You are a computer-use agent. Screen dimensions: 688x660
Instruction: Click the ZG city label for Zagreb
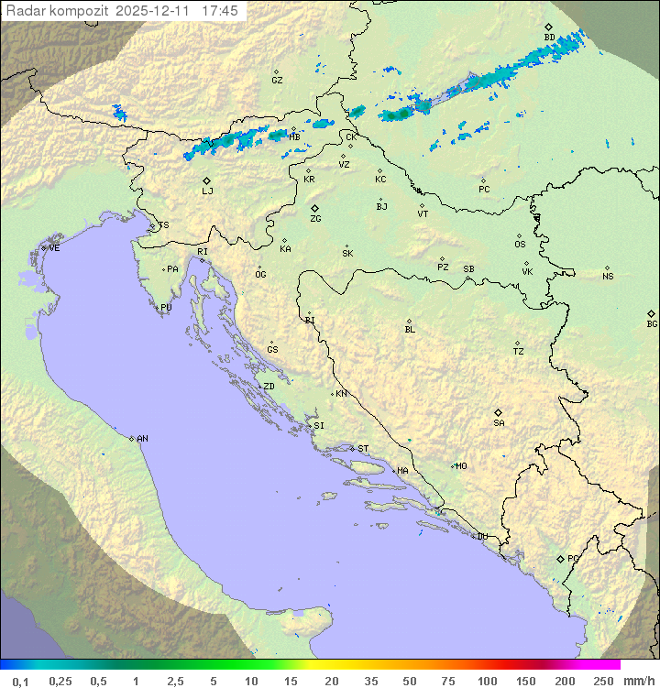coord(315,219)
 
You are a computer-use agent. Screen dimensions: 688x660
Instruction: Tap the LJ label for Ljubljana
coord(207,191)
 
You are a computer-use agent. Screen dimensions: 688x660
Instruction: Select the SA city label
coord(499,423)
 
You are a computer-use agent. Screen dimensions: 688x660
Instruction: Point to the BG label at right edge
coord(652,323)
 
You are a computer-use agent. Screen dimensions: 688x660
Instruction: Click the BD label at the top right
coord(549,38)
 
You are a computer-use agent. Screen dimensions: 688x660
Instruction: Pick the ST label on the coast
coord(363,449)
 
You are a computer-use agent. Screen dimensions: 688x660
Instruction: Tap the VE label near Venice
coord(54,248)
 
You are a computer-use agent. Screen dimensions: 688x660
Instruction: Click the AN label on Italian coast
coord(142,439)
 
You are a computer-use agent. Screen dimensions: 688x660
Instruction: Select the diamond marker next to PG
coord(560,558)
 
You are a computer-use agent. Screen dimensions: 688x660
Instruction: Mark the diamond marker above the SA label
coord(499,412)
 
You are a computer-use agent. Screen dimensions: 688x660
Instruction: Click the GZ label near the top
coord(277,81)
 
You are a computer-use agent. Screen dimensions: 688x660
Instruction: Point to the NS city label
coord(608,277)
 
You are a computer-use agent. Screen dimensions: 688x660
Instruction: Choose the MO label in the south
coord(461,466)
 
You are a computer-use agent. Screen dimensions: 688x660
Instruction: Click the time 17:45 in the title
coord(219,11)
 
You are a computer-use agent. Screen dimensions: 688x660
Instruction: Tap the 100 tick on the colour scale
coord(487,681)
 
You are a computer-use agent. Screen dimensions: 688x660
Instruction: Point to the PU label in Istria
coord(166,308)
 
